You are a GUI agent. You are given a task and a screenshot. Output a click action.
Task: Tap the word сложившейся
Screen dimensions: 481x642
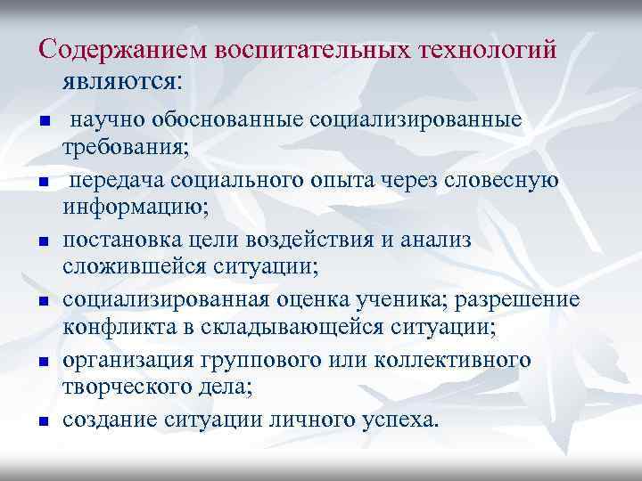(133, 266)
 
